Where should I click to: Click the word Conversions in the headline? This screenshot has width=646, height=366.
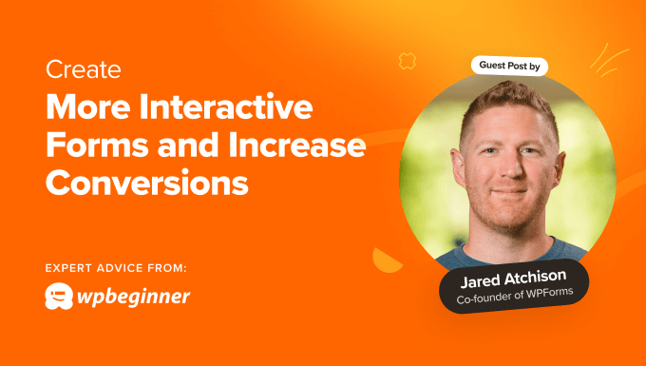pos(146,182)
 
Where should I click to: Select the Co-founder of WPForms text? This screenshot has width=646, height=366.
pos(514,299)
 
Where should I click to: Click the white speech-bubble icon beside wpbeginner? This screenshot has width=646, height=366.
pos(60,297)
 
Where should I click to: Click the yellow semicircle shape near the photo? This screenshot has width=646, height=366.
pos(389,259)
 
